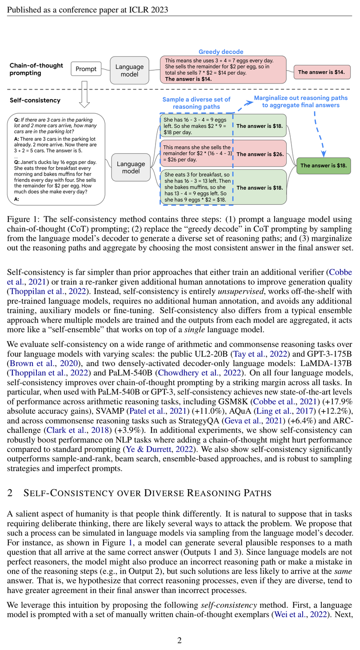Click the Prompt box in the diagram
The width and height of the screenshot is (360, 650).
pos(86,69)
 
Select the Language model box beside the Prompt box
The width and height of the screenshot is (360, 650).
pos(129,70)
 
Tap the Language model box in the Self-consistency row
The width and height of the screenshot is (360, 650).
pos(131,167)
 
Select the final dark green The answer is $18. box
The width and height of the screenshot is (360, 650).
pos(324,165)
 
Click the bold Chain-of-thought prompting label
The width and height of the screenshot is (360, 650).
pos(36,69)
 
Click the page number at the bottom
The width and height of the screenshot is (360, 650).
pos(180,640)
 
